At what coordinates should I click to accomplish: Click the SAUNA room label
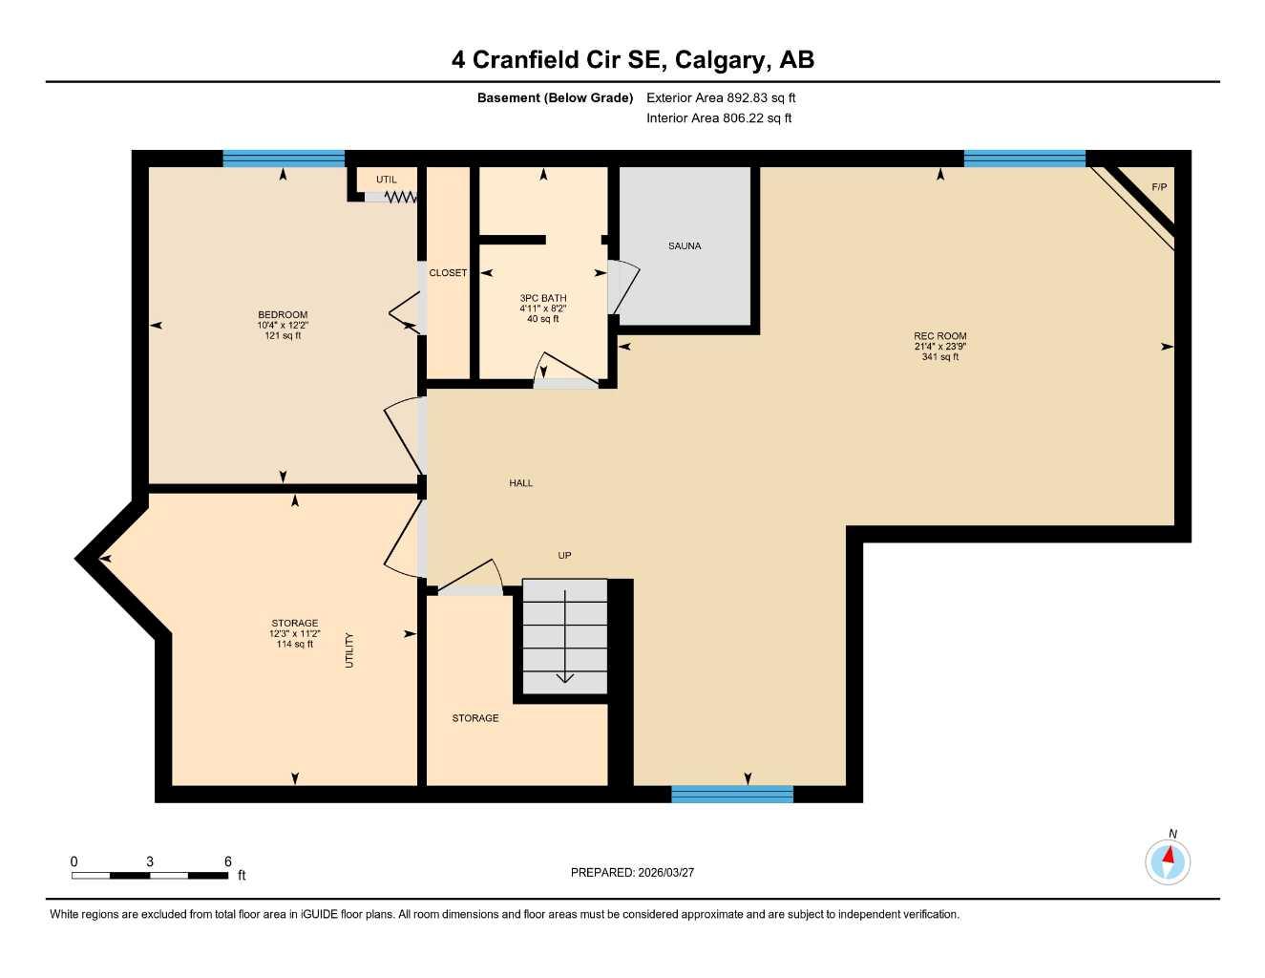click(x=685, y=246)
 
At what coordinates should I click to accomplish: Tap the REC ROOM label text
click(x=939, y=336)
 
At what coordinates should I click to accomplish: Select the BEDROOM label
click(x=283, y=315)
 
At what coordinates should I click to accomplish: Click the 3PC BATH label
click(x=542, y=298)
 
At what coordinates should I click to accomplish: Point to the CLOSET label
click(x=448, y=273)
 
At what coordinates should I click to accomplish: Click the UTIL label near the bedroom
click(x=386, y=180)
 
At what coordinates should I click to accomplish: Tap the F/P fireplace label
click(x=1159, y=187)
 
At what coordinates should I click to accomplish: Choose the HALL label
click(x=520, y=483)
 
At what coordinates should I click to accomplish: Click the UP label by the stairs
click(x=564, y=555)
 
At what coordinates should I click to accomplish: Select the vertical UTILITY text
click(x=349, y=650)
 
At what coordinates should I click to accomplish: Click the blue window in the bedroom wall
click(x=284, y=159)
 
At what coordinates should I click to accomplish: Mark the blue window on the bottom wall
click(x=732, y=794)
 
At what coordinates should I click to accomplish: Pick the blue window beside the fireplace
click(x=1024, y=159)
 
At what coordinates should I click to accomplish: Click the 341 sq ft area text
click(x=939, y=357)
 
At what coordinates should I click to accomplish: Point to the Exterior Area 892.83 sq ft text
click(x=721, y=97)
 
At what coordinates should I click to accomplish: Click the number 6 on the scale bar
click(x=227, y=861)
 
